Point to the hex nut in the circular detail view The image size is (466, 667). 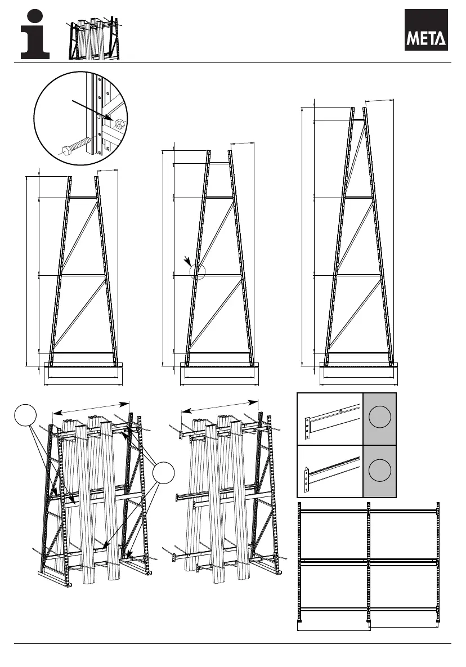(x=119, y=123)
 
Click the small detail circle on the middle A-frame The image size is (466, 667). (x=198, y=271)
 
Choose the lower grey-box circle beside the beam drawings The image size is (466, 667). (x=380, y=469)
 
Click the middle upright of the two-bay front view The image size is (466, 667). (x=368, y=563)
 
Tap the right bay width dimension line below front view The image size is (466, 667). (x=404, y=625)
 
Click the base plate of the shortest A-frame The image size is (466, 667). (x=83, y=365)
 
